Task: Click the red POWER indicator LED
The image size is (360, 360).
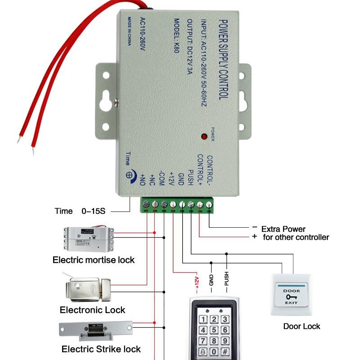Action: [204, 136]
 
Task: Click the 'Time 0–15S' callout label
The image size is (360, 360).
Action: [80, 211]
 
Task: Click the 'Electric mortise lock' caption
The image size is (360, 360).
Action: [94, 260]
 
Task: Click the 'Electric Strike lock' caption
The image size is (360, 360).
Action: [101, 349]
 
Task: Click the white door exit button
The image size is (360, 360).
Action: [291, 295]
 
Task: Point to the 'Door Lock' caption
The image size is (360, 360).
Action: [301, 326]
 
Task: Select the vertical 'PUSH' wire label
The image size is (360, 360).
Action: [226, 280]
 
